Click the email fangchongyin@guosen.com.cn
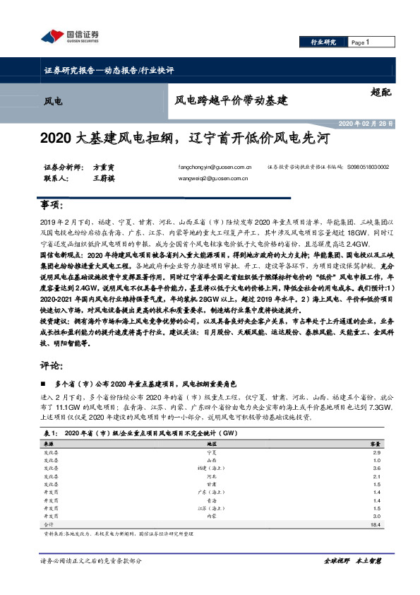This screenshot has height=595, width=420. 215,167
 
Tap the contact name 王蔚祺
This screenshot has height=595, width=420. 104,179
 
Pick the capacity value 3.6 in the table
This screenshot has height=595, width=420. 376,469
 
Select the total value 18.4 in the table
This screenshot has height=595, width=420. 376,525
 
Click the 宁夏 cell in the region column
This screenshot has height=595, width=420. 210,451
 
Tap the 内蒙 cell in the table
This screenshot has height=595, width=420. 210,517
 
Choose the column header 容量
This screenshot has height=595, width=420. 376,442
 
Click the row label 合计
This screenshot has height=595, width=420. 48,525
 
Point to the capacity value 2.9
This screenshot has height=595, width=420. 376,451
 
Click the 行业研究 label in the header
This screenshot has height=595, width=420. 324,42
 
